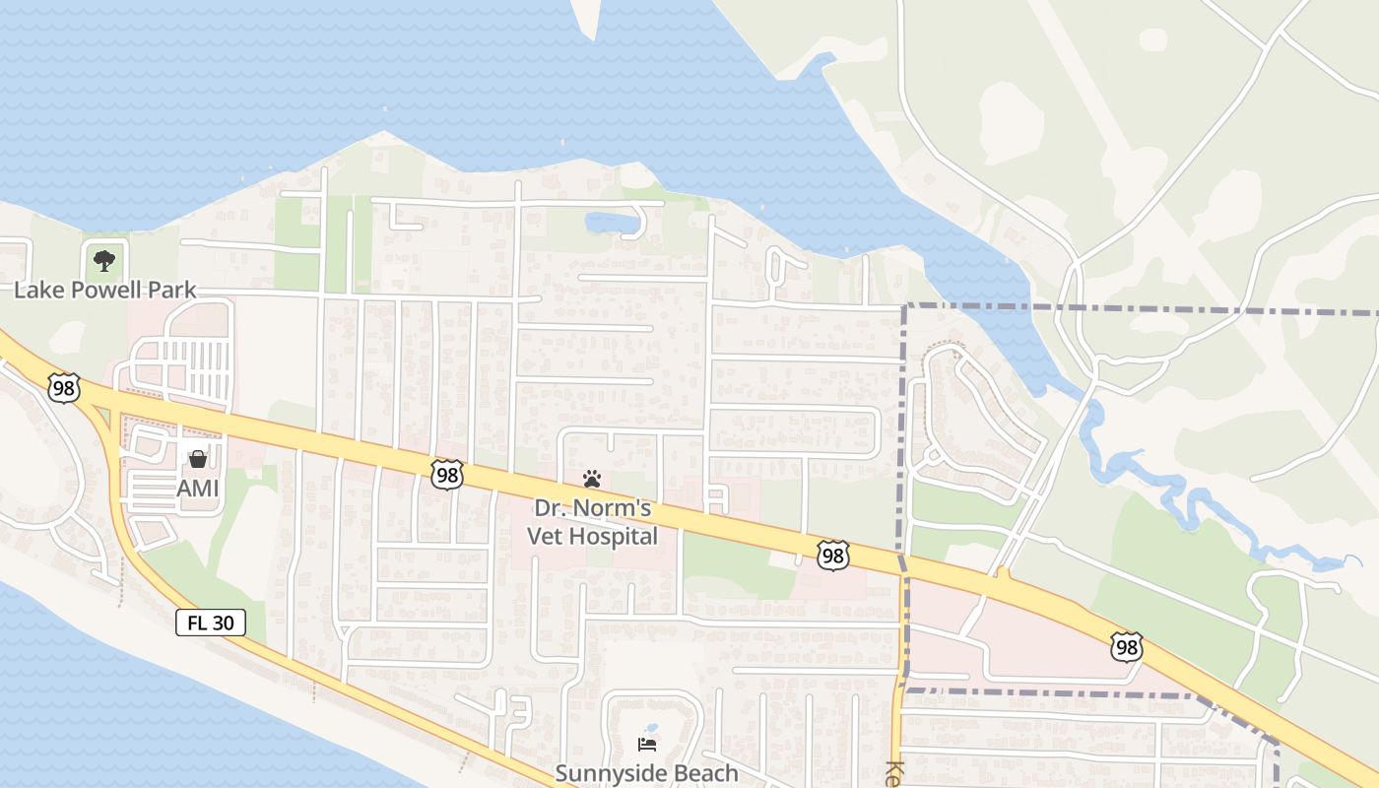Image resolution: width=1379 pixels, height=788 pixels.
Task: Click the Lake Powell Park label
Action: click(x=105, y=291)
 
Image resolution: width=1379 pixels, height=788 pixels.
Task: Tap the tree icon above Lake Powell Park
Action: click(x=104, y=261)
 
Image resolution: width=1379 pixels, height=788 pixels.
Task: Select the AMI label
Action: click(x=197, y=489)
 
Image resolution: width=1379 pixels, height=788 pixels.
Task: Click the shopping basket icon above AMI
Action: click(x=198, y=459)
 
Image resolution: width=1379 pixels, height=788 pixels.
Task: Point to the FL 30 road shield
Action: click(x=211, y=623)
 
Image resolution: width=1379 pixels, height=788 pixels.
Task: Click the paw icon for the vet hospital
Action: click(x=592, y=479)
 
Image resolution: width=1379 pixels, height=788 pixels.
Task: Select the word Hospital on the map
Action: click(x=612, y=537)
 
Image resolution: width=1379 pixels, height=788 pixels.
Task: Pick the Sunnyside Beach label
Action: click(x=646, y=773)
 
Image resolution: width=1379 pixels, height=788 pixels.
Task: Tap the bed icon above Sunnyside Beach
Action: click(x=647, y=744)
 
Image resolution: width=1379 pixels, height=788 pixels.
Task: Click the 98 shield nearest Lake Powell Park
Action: click(x=64, y=388)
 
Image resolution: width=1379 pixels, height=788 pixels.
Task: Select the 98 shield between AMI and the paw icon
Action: click(x=447, y=475)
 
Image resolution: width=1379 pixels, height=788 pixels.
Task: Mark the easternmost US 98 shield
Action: click(x=1126, y=647)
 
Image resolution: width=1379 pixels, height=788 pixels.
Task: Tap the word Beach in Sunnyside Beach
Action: click(x=703, y=773)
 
